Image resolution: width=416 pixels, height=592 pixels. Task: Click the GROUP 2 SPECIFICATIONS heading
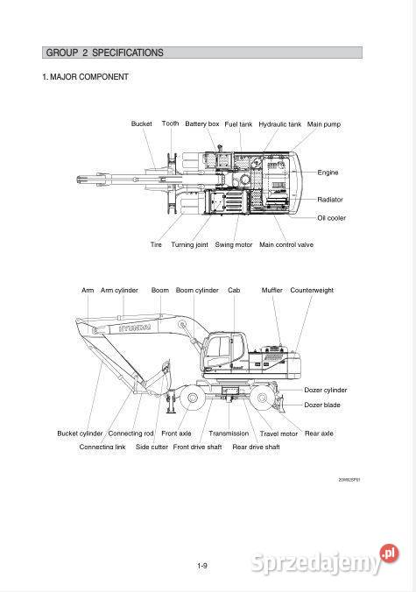coord(104,53)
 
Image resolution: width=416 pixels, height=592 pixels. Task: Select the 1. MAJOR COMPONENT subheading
coord(85,77)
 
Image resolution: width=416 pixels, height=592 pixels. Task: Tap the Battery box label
coord(202,123)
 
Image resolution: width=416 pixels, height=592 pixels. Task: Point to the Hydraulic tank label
coord(279,124)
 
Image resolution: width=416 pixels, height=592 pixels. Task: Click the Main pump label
coord(323,124)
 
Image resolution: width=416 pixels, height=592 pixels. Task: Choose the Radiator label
coord(330,200)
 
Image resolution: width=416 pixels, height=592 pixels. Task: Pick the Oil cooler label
coord(331,218)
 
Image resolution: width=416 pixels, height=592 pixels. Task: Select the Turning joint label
coord(189,244)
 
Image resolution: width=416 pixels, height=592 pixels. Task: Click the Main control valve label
coord(286,244)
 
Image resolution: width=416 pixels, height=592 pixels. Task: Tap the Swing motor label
coord(233,244)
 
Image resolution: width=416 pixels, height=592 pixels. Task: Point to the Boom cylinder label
coord(197,291)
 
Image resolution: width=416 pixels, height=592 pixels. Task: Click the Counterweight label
coord(312,291)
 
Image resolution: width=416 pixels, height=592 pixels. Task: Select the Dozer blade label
coord(322,405)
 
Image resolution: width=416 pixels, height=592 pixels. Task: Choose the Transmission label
coord(229,433)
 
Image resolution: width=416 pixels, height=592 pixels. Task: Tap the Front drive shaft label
coord(197,447)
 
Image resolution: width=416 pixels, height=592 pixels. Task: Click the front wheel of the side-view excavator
coord(192,398)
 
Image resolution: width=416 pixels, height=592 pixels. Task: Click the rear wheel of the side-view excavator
coord(262,398)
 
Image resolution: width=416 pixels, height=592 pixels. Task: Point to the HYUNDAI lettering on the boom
coord(135,328)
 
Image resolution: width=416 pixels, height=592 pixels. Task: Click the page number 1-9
coord(202,566)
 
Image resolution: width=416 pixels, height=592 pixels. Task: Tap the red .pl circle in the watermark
coord(389,553)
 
